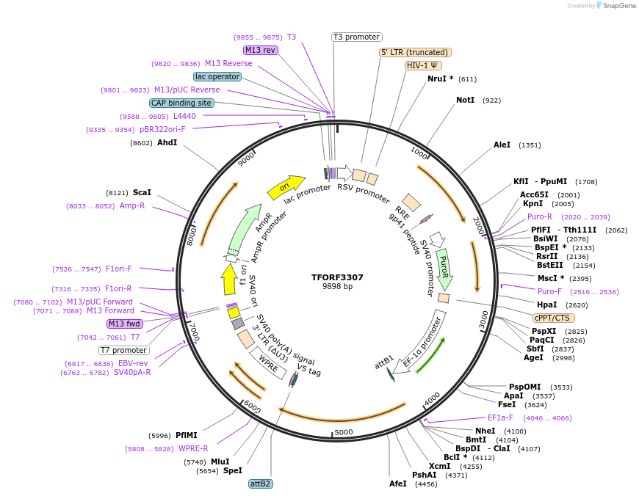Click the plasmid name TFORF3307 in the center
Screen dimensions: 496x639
(x=337, y=277)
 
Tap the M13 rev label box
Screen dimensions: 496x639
(x=261, y=50)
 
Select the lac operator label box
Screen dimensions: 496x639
(x=217, y=76)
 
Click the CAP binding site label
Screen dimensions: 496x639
(x=181, y=103)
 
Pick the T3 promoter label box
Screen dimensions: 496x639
(x=356, y=37)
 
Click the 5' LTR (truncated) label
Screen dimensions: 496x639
(x=415, y=52)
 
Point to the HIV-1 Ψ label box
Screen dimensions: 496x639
(x=423, y=65)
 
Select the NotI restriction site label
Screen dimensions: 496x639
(x=465, y=100)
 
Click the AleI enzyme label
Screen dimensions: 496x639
(x=502, y=145)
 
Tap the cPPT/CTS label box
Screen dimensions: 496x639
(x=554, y=318)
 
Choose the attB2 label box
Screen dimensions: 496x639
(x=261, y=484)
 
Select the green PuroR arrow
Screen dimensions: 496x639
(x=444, y=269)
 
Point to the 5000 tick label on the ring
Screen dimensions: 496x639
(x=343, y=432)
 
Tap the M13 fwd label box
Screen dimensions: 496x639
(x=124, y=324)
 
